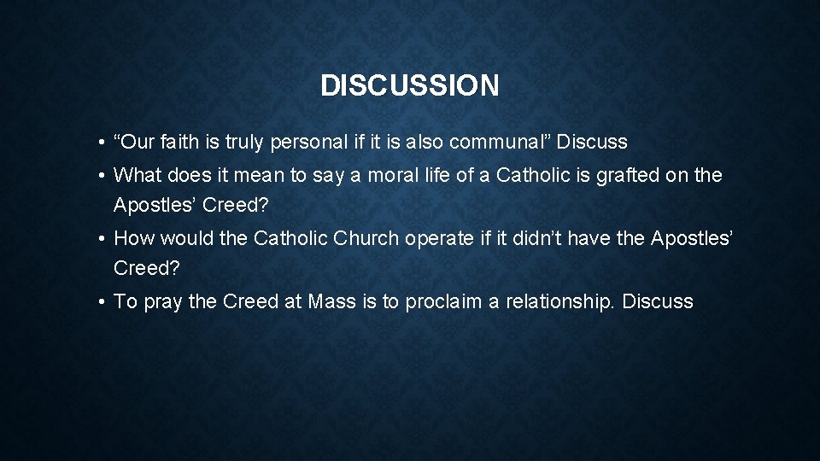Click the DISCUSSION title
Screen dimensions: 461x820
(409, 85)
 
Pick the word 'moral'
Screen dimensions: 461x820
(376, 176)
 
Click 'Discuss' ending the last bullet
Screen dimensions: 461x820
(658, 301)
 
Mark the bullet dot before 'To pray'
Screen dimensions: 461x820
(101, 302)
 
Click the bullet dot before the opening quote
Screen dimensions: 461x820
(101, 142)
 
